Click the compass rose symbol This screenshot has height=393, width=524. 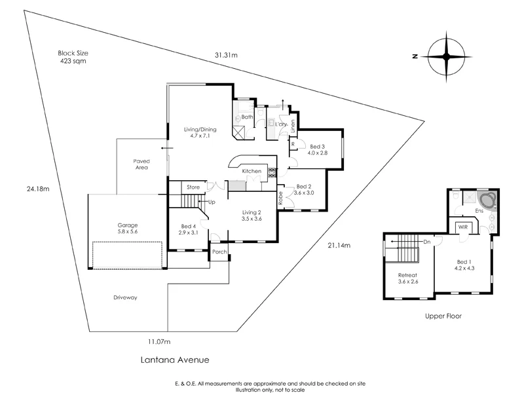click(x=448, y=56)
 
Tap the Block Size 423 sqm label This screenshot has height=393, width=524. click(x=72, y=56)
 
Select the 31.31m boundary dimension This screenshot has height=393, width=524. click(x=225, y=55)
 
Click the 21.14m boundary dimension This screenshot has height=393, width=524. click(x=339, y=246)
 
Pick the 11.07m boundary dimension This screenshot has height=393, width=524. click(x=159, y=341)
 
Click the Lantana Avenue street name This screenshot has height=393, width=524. click(x=176, y=360)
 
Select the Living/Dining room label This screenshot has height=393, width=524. click(x=198, y=133)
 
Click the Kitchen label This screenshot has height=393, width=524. click(x=252, y=172)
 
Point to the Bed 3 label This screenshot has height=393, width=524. click(x=318, y=149)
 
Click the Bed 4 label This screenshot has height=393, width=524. click(x=189, y=229)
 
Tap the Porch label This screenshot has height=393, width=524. click(x=219, y=251)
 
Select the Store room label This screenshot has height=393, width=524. click(x=193, y=187)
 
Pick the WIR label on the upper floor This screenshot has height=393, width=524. click(x=462, y=227)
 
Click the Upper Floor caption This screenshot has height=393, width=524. click(x=443, y=316)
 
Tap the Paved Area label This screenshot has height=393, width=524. click(x=141, y=164)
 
